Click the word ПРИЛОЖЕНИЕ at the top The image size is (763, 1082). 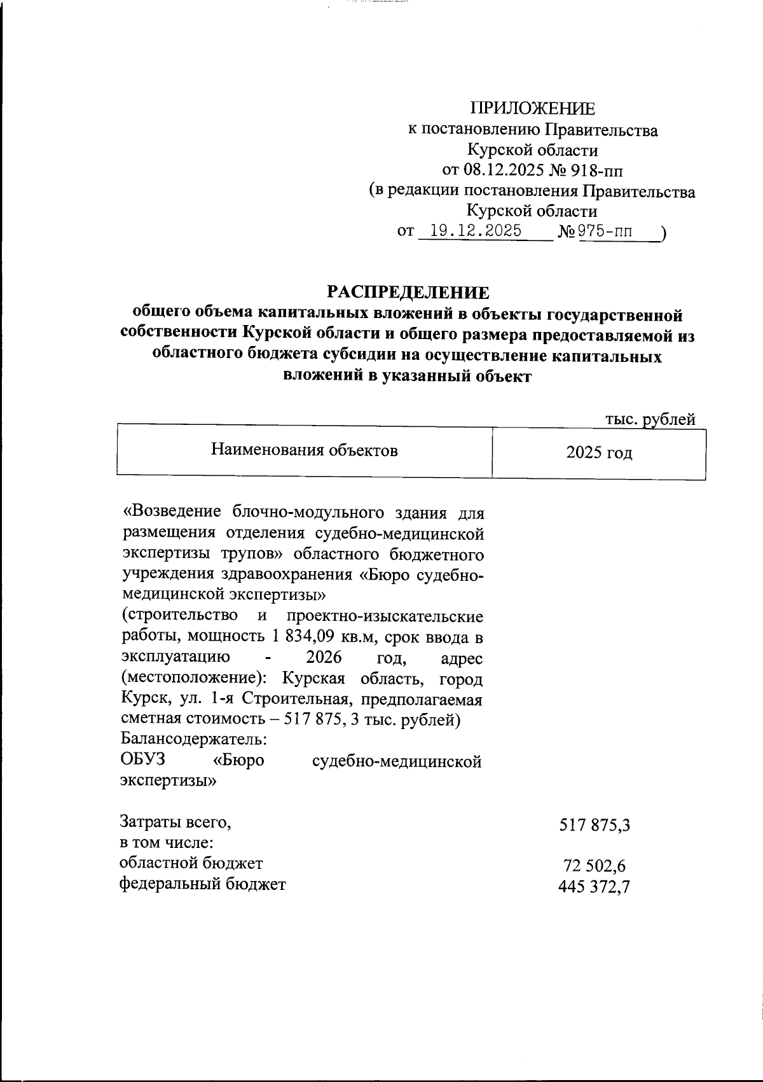[x=533, y=108]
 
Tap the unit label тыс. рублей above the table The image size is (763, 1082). [x=650, y=419]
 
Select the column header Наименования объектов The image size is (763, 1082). [x=305, y=451]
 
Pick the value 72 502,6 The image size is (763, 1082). [x=595, y=866]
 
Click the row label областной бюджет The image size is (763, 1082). [x=191, y=863]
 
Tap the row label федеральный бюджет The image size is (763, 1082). [x=203, y=884]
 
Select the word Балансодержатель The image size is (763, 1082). [x=193, y=740]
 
